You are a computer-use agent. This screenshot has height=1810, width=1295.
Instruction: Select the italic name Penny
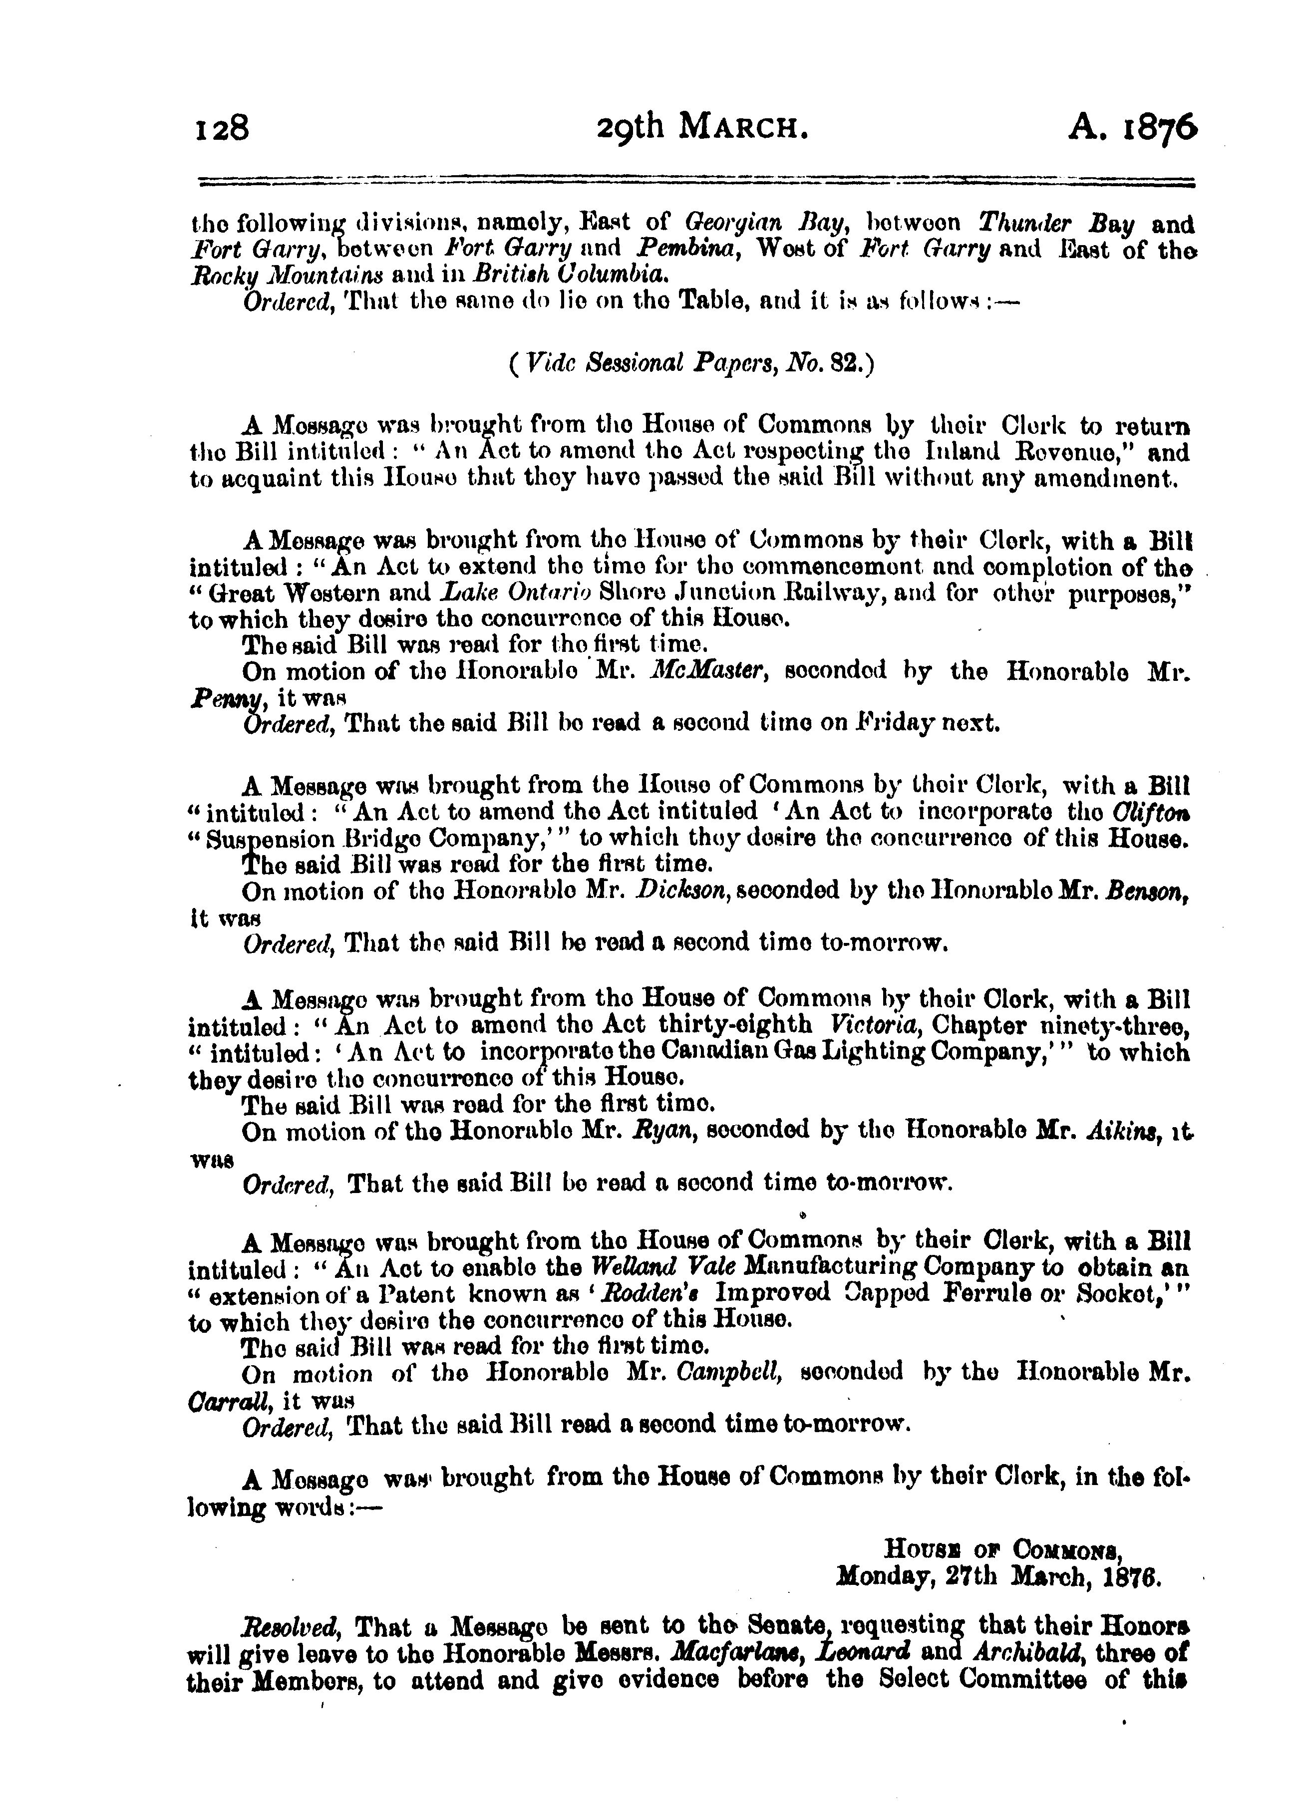pyautogui.click(x=215, y=698)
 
